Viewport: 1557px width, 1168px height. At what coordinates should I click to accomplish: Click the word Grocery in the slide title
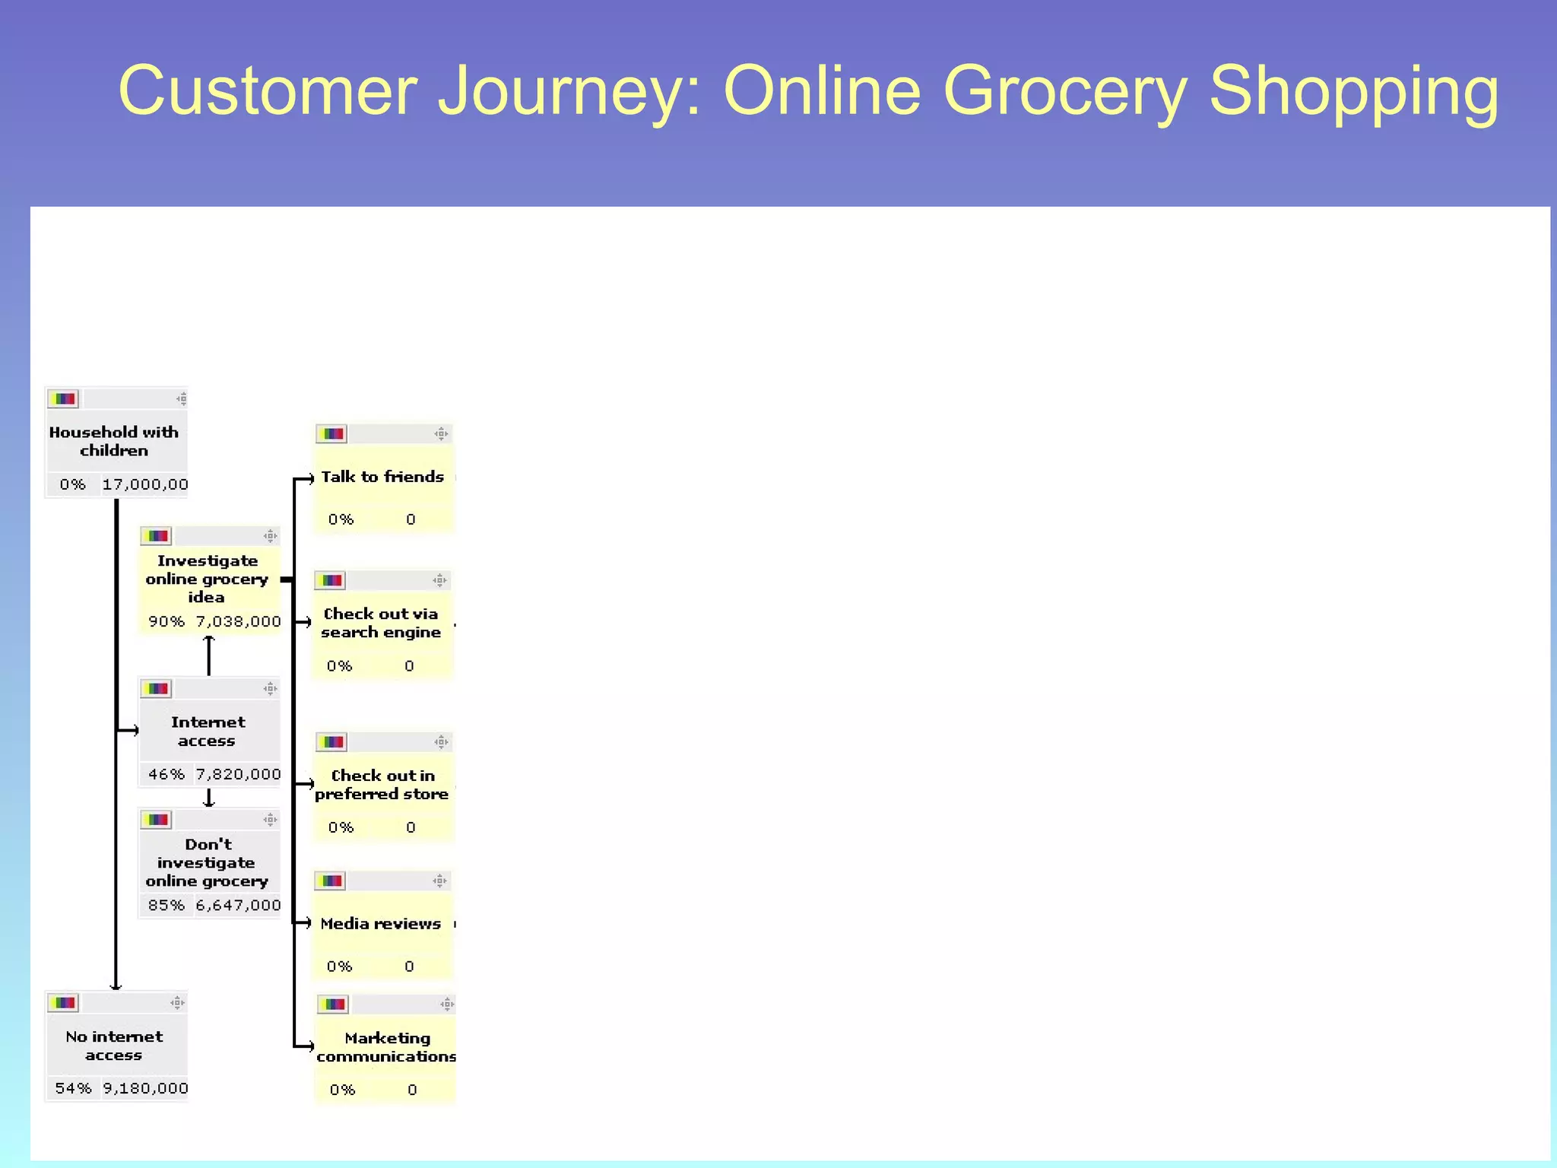(1064, 91)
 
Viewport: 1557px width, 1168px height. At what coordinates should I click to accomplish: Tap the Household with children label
(114, 441)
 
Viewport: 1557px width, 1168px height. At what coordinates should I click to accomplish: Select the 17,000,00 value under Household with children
(144, 484)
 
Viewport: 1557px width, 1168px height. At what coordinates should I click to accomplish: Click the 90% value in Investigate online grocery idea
(166, 621)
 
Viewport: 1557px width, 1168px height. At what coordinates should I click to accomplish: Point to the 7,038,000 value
(238, 621)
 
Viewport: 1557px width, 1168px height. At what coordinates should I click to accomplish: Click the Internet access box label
(208, 731)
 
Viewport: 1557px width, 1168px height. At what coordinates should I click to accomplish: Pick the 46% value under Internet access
(166, 774)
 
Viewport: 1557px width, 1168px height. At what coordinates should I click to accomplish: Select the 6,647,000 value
(238, 905)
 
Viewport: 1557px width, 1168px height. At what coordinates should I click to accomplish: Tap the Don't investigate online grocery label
(207, 862)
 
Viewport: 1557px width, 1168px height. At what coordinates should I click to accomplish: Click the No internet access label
(114, 1046)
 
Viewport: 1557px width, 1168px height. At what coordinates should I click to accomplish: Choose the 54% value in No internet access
(73, 1088)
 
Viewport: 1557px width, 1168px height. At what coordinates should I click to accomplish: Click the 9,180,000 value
(145, 1088)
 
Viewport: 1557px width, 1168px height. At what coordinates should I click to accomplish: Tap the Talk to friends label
(382, 477)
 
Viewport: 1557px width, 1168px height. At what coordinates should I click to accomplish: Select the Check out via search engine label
(381, 623)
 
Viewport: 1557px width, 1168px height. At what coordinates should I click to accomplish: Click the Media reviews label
(381, 924)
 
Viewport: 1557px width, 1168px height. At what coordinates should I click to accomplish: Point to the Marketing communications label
(386, 1047)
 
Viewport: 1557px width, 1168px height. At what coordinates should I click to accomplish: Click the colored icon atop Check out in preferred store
(331, 742)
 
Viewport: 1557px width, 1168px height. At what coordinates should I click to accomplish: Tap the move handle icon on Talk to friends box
(441, 434)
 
